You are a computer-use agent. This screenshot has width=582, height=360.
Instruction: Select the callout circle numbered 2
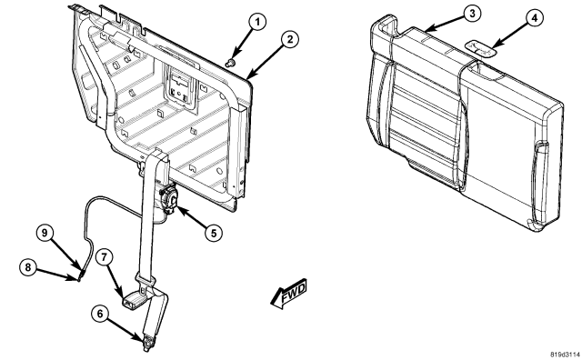pos(289,39)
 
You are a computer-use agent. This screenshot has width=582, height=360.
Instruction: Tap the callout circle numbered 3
pos(472,14)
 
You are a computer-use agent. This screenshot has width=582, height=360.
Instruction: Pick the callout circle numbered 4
pos(534,18)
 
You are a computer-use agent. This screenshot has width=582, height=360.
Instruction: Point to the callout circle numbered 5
pos(214,233)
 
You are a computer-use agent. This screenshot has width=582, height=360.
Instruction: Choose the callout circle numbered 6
pos(100,314)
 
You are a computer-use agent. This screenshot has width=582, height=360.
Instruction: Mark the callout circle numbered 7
pos(105,257)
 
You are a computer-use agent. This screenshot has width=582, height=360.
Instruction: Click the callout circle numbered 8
pos(28,267)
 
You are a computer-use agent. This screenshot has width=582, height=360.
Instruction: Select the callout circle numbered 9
pos(45,233)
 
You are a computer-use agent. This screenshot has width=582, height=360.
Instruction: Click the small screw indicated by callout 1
pos(231,63)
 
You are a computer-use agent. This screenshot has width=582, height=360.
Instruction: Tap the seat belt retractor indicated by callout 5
pos(169,198)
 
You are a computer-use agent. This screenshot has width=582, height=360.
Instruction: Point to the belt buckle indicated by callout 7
pos(132,299)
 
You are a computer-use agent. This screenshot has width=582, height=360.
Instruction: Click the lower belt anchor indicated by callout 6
pos(147,343)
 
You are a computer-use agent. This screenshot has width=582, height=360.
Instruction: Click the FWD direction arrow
pos(289,294)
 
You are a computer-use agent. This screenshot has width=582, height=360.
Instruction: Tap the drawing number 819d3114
pos(565,354)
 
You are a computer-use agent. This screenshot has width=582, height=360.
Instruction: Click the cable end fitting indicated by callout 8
pos(80,276)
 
